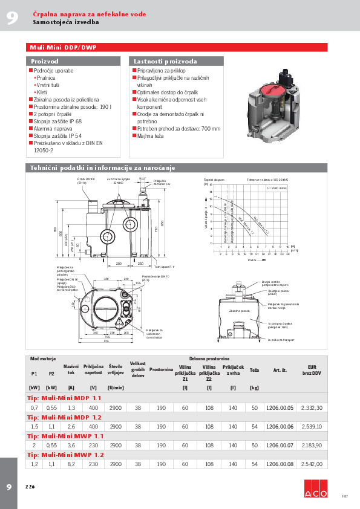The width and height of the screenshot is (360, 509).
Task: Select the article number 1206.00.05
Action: pos(280,408)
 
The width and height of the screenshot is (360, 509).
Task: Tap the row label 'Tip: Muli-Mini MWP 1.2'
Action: pos(65,454)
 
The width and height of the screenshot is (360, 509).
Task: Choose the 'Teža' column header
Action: pos(254,369)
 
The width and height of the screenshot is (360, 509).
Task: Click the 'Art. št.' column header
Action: pos(280,369)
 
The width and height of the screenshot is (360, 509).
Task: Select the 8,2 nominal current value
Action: pos(71,464)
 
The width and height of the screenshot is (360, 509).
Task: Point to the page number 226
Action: pos(30,487)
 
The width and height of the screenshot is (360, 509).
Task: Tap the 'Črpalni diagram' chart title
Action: pos(214,180)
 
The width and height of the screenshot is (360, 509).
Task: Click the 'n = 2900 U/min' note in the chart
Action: pos(275,188)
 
